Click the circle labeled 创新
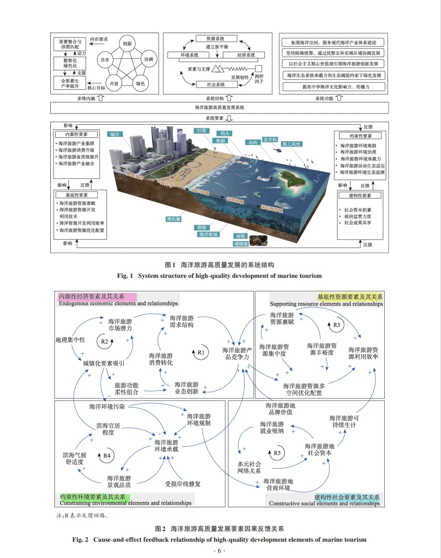coord(127,44)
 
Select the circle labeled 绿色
coord(140,84)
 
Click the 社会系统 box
coord(215,85)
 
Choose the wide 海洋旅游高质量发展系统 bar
coord(220,108)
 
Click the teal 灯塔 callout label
coord(201,131)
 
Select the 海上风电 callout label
coord(291,144)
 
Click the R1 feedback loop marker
coord(201,352)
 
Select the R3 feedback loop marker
coord(337,325)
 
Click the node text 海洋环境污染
coord(107,407)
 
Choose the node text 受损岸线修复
coord(183,484)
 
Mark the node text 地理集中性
coord(70,340)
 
